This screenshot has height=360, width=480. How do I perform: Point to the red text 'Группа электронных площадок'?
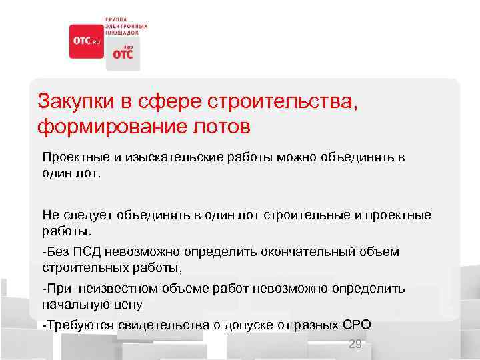(125, 25)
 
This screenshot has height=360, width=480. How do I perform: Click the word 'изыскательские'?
(171, 158)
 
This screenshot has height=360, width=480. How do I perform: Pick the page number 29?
(355, 344)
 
